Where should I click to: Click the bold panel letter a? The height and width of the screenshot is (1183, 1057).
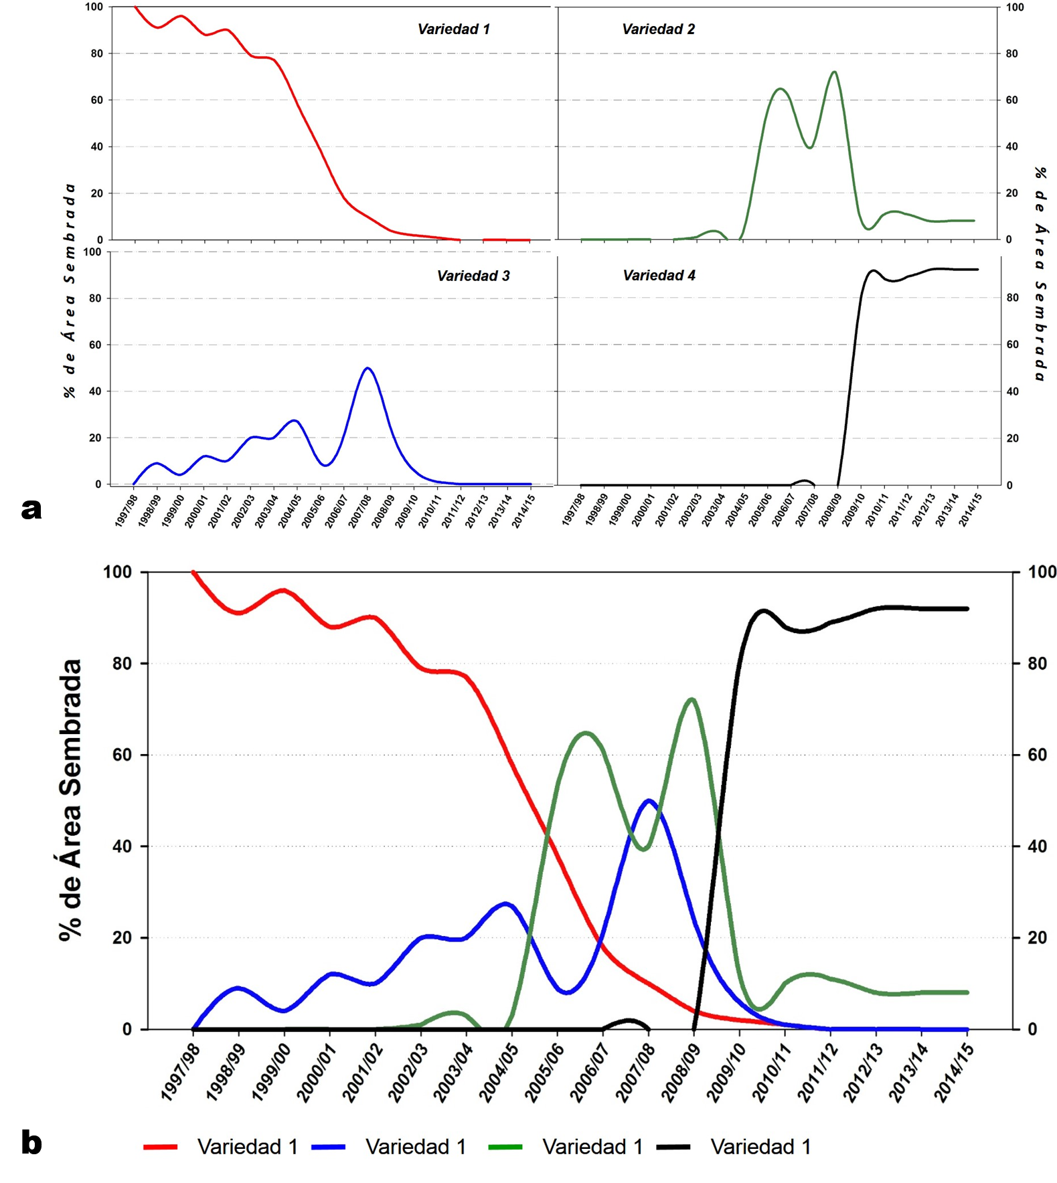tap(31, 509)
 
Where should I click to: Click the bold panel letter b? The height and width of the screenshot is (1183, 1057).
tap(31, 1143)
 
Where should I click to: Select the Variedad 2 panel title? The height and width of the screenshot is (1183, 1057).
tap(658, 29)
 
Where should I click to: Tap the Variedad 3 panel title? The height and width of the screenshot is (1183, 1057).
tap(473, 276)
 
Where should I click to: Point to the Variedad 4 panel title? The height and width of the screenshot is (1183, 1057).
tap(659, 276)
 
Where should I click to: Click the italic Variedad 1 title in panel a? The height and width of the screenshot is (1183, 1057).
tap(453, 29)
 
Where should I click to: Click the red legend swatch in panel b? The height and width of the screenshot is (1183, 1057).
tap(160, 1147)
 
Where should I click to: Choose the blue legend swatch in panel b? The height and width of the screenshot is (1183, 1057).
tap(328, 1147)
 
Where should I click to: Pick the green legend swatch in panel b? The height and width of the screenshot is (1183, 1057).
tap(505, 1147)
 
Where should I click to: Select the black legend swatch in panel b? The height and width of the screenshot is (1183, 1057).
tap(673, 1147)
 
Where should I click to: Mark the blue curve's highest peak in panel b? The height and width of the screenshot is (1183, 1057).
tap(648, 800)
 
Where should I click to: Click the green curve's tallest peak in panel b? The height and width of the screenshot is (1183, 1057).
tap(692, 699)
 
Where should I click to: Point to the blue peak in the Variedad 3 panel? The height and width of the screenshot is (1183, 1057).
tap(368, 368)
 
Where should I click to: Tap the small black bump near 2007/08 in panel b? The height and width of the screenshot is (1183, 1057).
tap(629, 1020)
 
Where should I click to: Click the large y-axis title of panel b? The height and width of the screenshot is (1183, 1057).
tap(70, 800)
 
